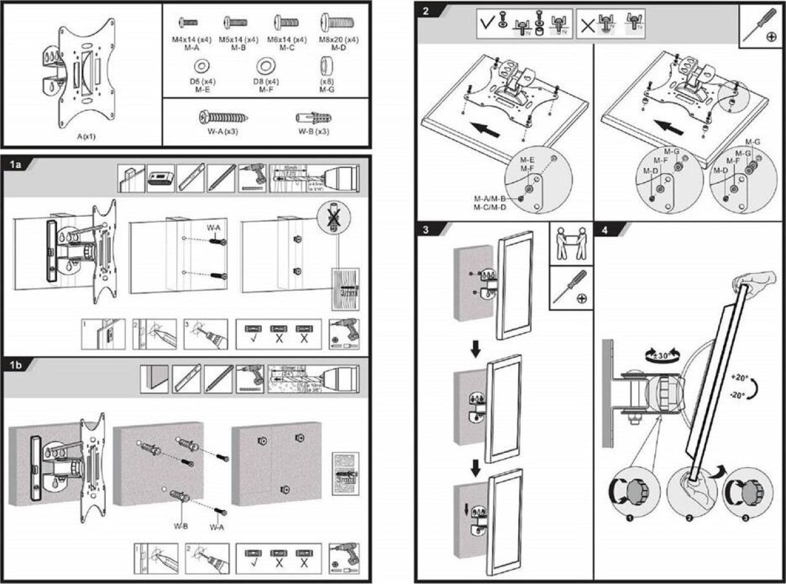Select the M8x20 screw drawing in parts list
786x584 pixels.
coord(337,24)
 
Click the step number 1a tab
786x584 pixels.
coord(16,164)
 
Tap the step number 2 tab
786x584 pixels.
coord(425,11)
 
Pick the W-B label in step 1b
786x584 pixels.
coord(182,527)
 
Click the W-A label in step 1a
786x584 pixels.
coord(214,228)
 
